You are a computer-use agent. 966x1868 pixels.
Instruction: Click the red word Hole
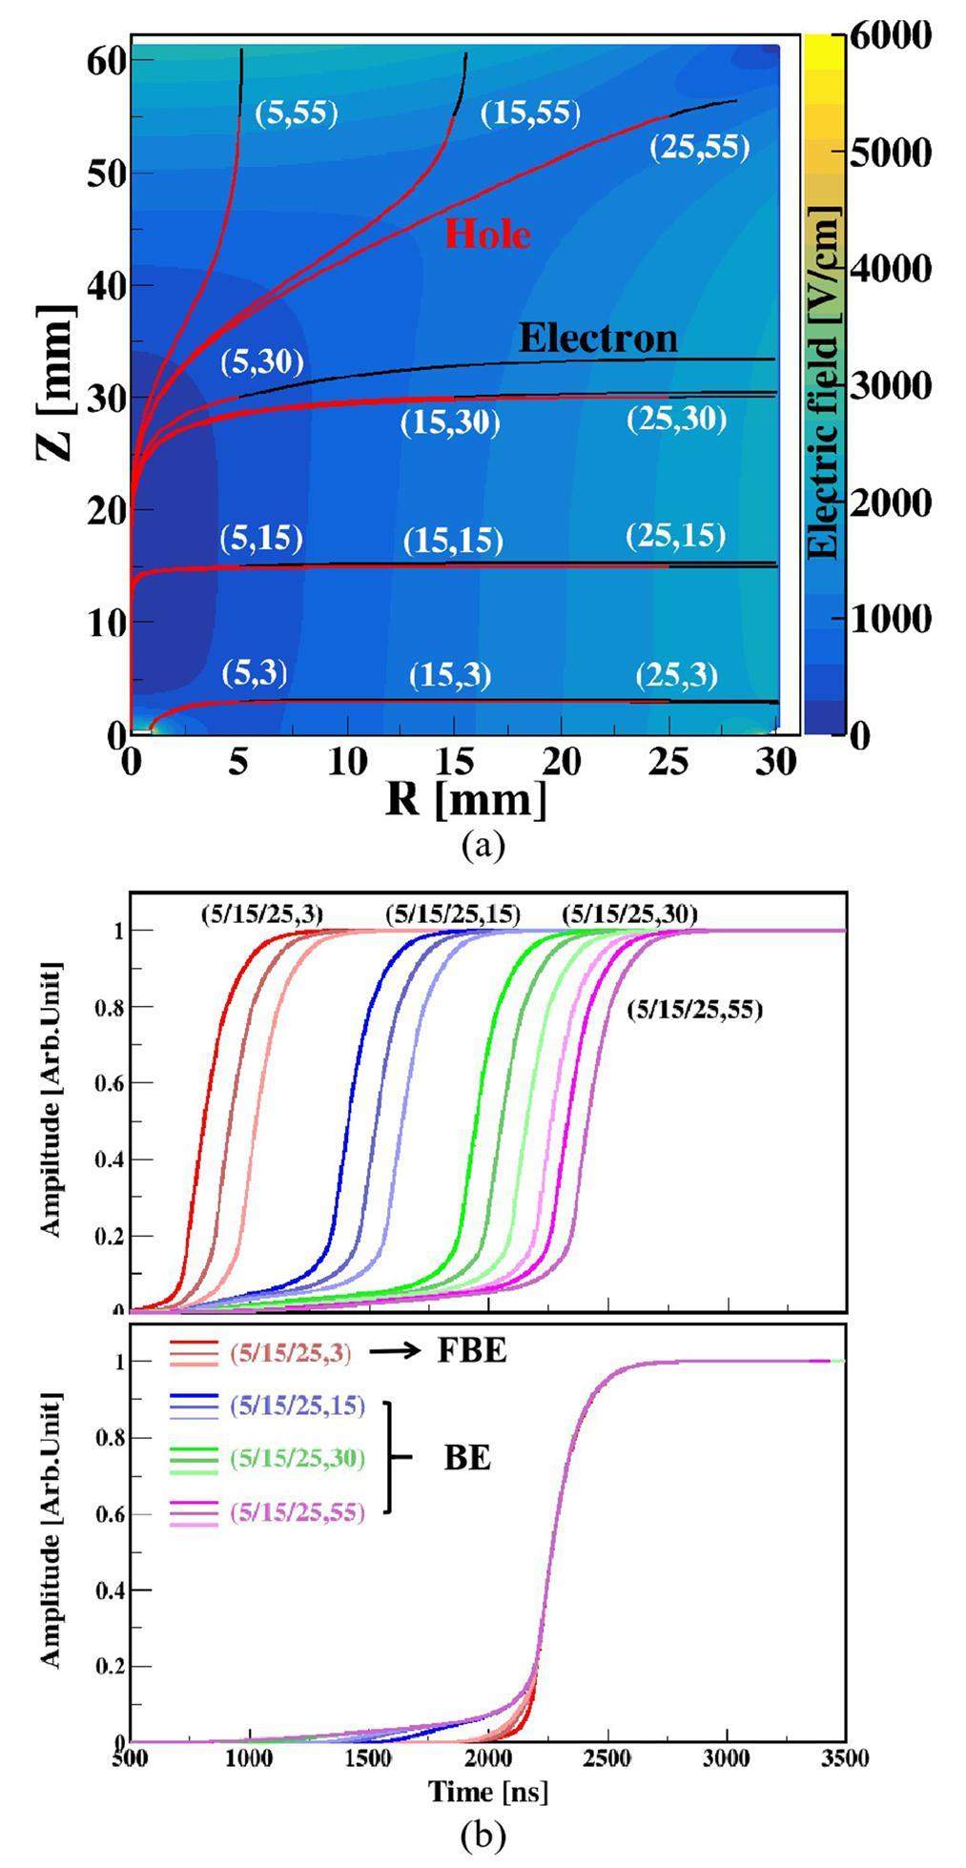point(487,234)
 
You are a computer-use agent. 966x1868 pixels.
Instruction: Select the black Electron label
point(598,338)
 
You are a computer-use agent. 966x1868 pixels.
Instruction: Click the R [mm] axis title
point(466,800)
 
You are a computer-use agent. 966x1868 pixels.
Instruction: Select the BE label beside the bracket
point(467,1458)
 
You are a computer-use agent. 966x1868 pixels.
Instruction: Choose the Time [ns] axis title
point(488,1792)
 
